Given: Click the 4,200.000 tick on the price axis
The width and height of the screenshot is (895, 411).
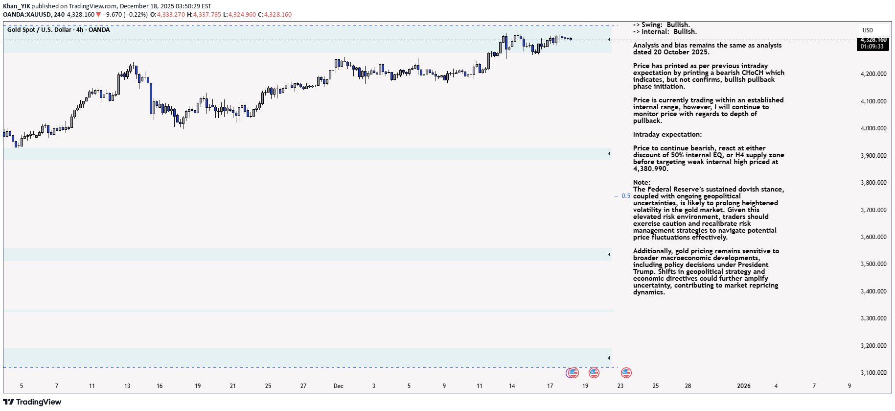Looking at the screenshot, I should [873, 74].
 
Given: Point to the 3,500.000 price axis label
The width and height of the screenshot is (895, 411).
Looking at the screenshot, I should [873, 264].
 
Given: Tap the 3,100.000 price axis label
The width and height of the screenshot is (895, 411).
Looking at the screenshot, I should [873, 373].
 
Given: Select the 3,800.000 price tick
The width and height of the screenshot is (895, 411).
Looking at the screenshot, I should [873, 183].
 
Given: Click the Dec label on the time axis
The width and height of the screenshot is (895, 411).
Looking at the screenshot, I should [338, 386].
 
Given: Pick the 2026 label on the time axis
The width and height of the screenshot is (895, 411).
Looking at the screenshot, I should [743, 386].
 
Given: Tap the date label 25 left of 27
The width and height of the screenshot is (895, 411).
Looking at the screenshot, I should [268, 386].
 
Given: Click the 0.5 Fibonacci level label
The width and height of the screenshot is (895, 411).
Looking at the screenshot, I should [626, 196].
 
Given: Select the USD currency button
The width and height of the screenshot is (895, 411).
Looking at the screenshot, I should [868, 30].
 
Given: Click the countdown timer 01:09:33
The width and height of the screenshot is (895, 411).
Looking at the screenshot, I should [872, 47].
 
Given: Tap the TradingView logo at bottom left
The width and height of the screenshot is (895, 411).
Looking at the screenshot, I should [32, 402].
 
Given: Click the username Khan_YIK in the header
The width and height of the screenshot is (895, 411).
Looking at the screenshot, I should [17, 6].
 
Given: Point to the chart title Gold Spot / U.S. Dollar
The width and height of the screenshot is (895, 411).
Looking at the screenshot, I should [39, 30].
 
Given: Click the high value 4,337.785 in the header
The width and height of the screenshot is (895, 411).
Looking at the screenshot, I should [207, 15].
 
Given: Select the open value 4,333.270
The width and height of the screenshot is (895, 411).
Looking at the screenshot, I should [171, 15].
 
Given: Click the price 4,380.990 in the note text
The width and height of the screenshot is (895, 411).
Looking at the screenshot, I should [650, 169].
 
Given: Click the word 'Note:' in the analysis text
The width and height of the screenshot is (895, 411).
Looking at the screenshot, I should [642, 182].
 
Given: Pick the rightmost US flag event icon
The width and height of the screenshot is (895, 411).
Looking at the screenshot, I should [626, 373].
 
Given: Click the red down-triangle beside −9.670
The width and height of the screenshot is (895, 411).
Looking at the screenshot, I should [98, 15].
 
